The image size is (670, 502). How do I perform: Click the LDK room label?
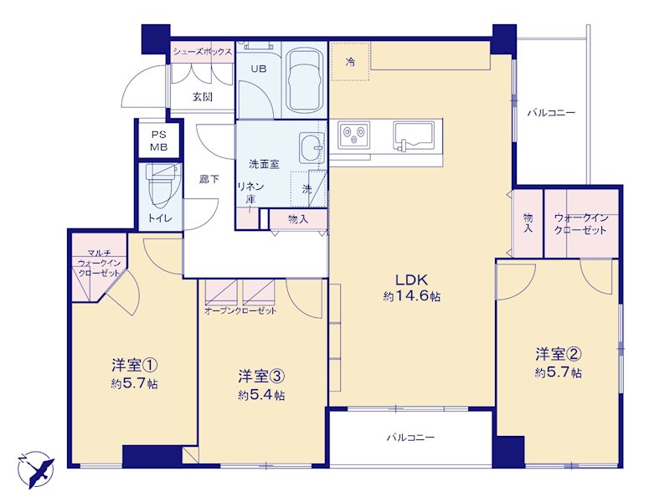pyautogui.click(x=411, y=280)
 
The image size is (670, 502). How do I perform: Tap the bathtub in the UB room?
pyautogui.click(x=305, y=81)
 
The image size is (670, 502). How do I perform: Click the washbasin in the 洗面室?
pyautogui.click(x=312, y=147)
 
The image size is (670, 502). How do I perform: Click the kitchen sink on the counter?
pyautogui.click(x=413, y=136)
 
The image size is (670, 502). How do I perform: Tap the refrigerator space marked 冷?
pyautogui.click(x=350, y=61)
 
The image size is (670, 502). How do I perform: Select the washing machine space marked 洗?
pyautogui.click(x=308, y=189)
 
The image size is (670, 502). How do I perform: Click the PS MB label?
pyautogui.click(x=158, y=141)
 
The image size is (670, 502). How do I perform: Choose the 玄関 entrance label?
pyautogui.click(x=202, y=96)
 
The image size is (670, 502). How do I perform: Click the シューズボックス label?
pyautogui.click(x=203, y=52)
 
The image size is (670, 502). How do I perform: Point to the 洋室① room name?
pyautogui.click(x=135, y=366)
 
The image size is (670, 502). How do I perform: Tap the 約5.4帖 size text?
pyautogui.click(x=261, y=395)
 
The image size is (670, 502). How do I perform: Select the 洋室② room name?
pyautogui.click(x=558, y=354)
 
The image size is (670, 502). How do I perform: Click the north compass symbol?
pyautogui.click(x=36, y=469)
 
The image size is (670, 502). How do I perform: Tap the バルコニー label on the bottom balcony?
pyautogui.click(x=410, y=438)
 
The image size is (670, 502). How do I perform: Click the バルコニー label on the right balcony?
pyautogui.click(x=551, y=113)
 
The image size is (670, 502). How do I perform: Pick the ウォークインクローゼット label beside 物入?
pyautogui.click(x=580, y=224)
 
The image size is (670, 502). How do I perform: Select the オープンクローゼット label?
pyautogui.click(x=240, y=310)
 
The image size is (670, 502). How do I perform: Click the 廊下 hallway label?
pyautogui.click(x=209, y=179)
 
